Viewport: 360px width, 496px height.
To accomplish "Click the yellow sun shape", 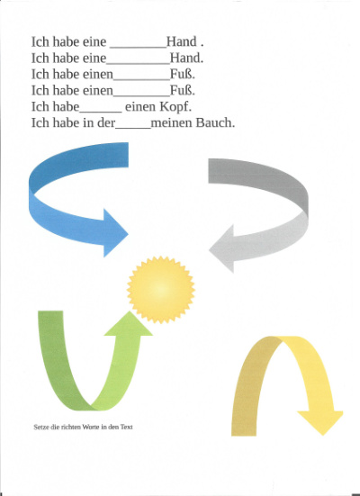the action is (x=161, y=290).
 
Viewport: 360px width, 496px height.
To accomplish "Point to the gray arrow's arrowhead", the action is (x=221, y=248).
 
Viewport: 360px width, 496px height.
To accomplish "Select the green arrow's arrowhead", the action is (x=129, y=323).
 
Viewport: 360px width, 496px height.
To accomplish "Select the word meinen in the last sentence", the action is (x=172, y=123).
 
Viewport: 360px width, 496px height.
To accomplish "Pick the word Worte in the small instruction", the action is (x=91, y=427).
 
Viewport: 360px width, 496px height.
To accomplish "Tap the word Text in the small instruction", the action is (x=126, y=427).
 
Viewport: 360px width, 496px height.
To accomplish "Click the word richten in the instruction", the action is (x=71, y=427).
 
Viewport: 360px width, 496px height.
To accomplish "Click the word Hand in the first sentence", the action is (x=182, y=41).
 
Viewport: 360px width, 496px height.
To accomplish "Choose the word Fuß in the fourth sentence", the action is (x=183, y=91).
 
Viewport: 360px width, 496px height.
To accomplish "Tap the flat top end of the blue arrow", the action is (x=128, y=154).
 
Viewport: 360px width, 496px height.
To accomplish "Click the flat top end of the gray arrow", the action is (x=209, y=171).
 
